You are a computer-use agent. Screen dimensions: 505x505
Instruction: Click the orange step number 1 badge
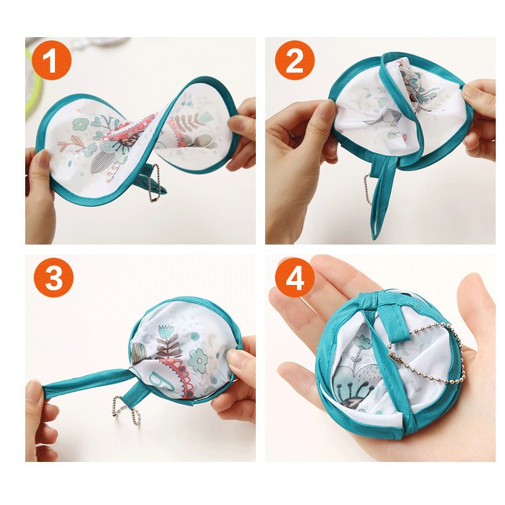pos(53,62)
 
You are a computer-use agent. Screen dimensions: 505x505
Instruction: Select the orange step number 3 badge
pos(53,279)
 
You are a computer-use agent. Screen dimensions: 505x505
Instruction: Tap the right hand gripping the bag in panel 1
pos(241,133)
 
